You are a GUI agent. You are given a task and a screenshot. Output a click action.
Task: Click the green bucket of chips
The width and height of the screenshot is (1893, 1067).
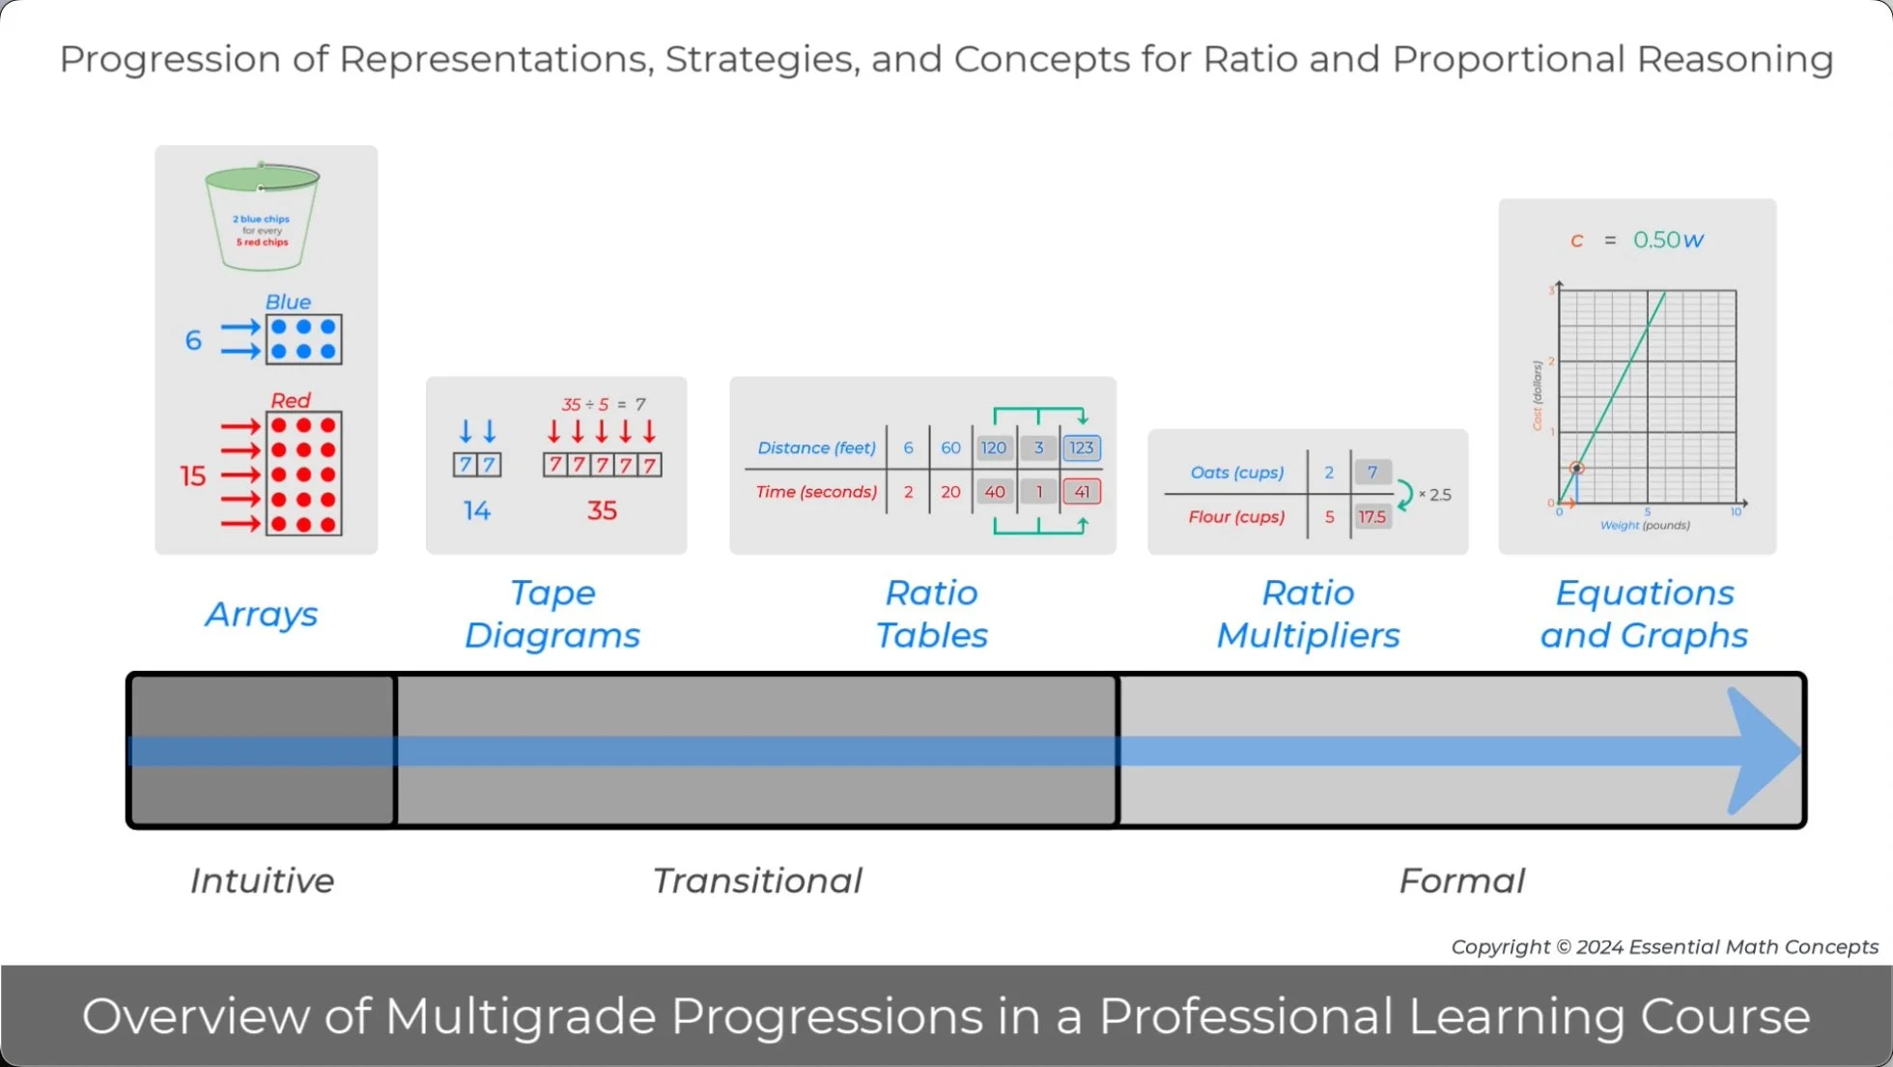click(262, 218)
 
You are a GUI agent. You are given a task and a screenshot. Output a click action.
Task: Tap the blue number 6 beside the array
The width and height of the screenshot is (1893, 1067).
click(193, 340)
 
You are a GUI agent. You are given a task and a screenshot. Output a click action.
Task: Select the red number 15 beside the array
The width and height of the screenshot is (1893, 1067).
click(192, 476)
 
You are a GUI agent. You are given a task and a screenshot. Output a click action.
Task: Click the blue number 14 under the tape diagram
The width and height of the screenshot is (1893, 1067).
click(476, 510)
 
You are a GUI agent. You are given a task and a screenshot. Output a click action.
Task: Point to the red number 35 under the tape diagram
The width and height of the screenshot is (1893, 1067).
click(602, 510)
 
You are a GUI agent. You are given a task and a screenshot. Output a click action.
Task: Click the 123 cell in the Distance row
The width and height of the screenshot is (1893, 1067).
click(1082, 447)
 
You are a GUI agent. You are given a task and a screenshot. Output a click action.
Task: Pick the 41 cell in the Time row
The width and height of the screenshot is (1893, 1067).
click(1082, 492)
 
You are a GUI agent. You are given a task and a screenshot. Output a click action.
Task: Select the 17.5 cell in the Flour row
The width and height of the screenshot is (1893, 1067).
click(1371, 517)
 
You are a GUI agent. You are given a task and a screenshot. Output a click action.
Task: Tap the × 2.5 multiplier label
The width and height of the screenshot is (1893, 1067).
click(1435, 495)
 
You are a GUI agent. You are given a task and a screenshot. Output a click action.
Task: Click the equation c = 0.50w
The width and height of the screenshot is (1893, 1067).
click(1638, 240)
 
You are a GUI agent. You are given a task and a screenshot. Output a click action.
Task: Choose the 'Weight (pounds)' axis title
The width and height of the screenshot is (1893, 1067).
click(1645, 526)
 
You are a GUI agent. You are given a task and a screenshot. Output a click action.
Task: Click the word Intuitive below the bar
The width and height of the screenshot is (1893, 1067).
click(262, 880)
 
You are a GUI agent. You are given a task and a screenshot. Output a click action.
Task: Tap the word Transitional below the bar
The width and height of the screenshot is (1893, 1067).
click(757, 880)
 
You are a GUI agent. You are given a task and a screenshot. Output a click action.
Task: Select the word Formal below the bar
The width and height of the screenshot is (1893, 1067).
click(1462, 880)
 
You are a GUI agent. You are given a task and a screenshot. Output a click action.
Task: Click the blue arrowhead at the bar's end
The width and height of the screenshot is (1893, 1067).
click(1763, 751)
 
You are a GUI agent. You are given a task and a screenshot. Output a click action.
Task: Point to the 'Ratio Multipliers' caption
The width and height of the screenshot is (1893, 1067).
click(1308, 614)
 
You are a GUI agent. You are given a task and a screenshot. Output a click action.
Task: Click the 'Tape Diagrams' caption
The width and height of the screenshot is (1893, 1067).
click(552, 614)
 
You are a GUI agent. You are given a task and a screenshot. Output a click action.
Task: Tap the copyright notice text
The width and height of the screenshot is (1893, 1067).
click(1664, 947)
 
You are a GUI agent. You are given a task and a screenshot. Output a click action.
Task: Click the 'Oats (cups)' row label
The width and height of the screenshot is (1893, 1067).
click(1237, 473)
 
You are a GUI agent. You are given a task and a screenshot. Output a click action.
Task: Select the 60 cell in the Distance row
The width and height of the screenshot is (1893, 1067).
click(950, 447)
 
